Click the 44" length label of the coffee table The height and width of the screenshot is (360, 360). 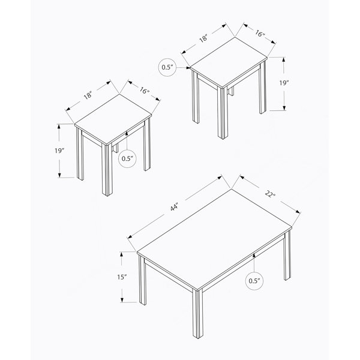[174, 208]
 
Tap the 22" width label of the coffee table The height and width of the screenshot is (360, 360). [270, 194]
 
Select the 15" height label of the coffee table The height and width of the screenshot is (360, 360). [122, 277]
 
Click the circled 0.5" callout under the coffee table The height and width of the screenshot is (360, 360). [254, 281]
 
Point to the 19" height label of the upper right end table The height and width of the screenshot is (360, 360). [284, 83]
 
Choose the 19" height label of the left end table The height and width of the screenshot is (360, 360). [59, 151]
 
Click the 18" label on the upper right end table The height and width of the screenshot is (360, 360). [203, 38]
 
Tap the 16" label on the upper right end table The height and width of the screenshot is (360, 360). [260, 34]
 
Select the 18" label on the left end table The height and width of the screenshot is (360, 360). [88, 95]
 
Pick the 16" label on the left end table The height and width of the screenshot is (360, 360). [144, 91]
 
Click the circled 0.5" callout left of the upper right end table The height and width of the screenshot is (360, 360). [167, 67]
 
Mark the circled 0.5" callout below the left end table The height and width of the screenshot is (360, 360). [127, 158]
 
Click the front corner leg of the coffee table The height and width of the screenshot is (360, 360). [197, 314]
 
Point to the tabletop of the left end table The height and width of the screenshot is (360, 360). [113, 119]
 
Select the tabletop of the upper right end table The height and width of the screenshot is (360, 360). [229, 62]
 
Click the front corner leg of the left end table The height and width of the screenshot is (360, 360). [107, 170]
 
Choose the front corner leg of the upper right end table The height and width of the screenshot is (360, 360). [223, 113]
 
